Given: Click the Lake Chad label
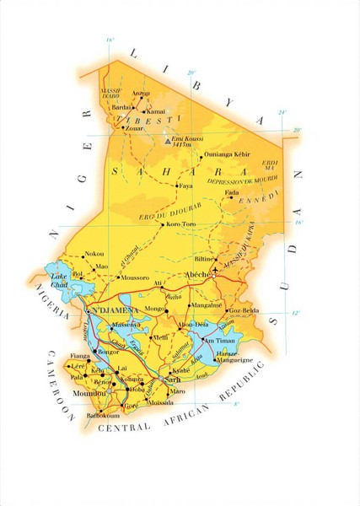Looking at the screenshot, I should click(x=59, y=281).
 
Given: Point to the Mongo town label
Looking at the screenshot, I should click(x=155, y=310).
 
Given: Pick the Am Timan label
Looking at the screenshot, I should click(x=216, y=340).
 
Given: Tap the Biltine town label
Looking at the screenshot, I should click(x=205, y=260).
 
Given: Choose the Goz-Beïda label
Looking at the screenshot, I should click(x=244, y=311).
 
